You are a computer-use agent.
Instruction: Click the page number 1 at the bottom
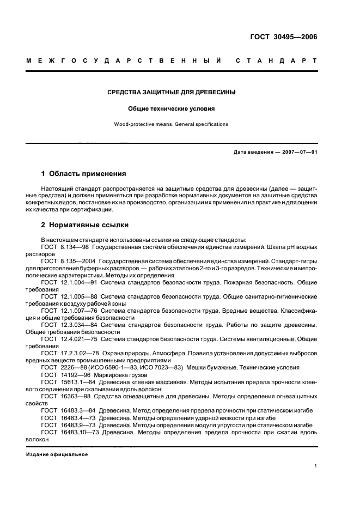coord(315,466)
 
